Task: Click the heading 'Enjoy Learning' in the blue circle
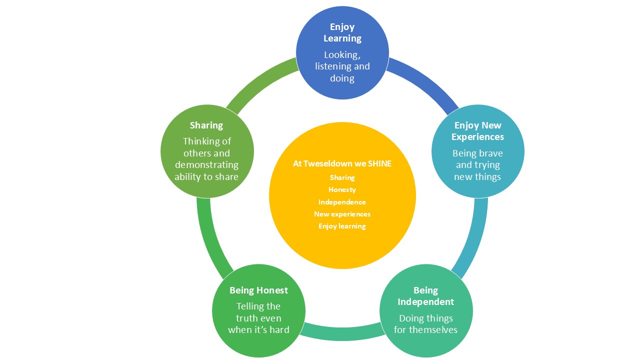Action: click(342, 32)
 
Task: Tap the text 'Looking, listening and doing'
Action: click(342, 66)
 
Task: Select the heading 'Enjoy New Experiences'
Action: click(477, 131)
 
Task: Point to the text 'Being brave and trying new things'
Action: click(477, 165)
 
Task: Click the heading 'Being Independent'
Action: click(426, 296)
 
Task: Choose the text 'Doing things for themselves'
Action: click(426, 323)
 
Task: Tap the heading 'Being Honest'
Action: click(258, 290)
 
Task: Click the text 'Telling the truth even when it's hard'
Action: click(258, 318)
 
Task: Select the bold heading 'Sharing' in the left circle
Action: click(206, 125)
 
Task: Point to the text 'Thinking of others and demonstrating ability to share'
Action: click(206, 158)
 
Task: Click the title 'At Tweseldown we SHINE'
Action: click(342, 163)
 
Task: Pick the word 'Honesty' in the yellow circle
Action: click(342, 189)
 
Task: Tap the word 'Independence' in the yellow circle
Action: click(342, 202)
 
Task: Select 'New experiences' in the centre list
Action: click(342, 214)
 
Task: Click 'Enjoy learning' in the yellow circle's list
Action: click(342, 226)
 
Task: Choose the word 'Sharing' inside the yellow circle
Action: click(342, 177)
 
